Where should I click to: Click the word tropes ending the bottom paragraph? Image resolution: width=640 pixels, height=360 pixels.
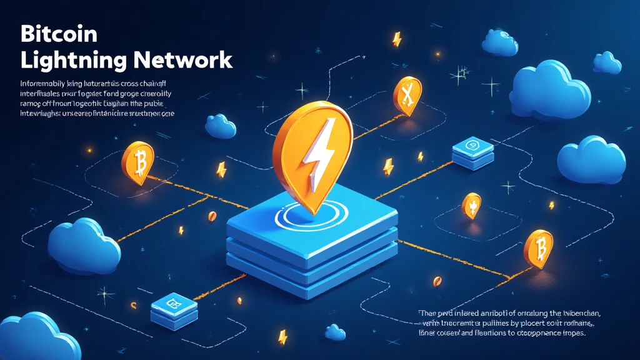point(570,334)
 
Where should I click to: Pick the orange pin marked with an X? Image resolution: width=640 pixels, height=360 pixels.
point(407,96)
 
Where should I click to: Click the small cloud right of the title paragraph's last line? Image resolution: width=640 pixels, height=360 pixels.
point(220,126)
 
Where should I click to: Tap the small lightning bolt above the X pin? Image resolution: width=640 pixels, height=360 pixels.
point(396,39)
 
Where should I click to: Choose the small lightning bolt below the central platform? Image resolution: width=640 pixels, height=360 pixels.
point(282,336)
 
